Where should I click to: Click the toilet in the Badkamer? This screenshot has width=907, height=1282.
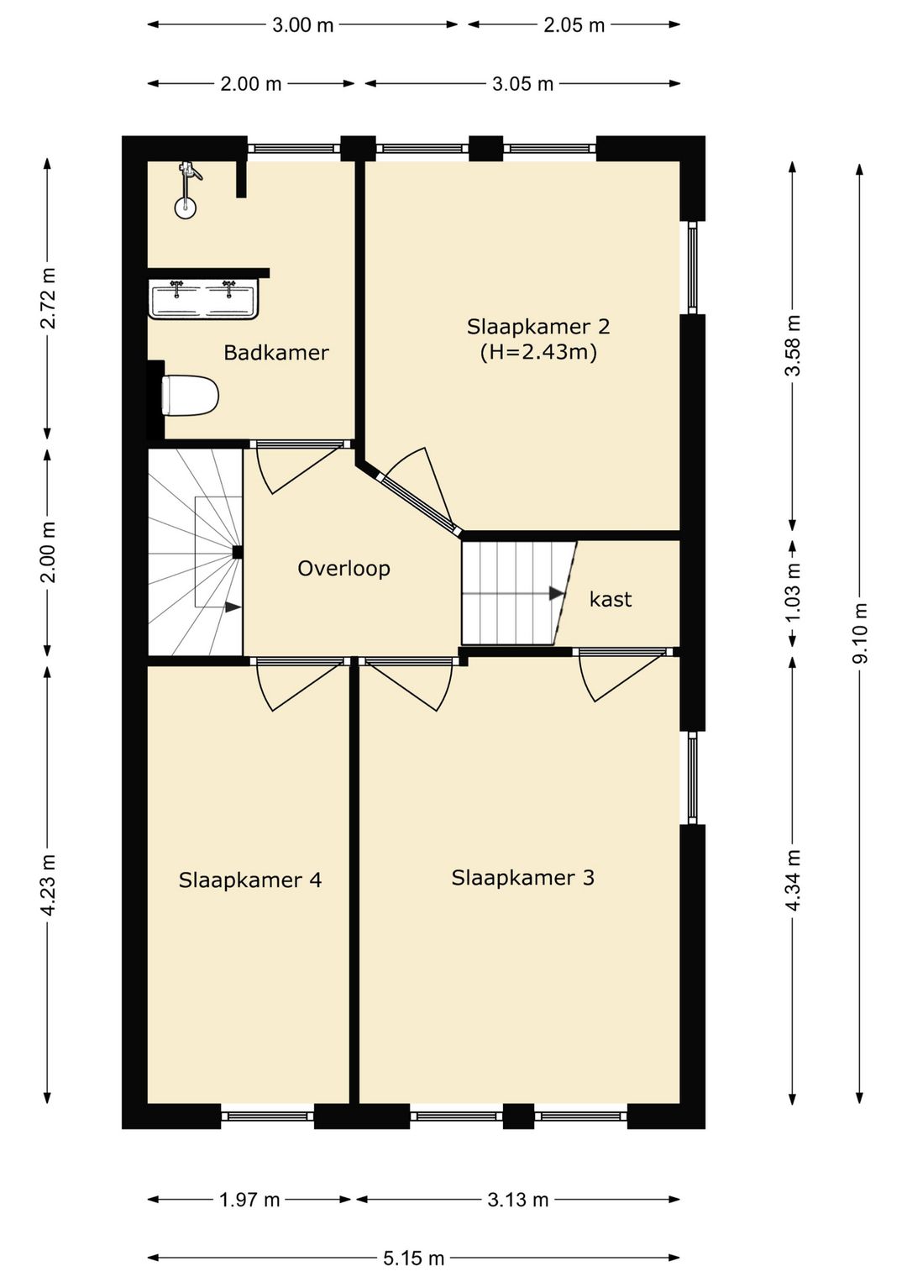coord(191,394)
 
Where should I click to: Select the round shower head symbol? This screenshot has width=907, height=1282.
coord(185,208)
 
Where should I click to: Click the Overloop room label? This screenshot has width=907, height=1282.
coord(344,568)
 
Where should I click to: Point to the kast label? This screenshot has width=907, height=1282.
coord(611,599)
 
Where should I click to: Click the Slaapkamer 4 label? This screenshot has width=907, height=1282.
coord(250,880)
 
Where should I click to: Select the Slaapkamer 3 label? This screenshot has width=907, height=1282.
coord(523,878)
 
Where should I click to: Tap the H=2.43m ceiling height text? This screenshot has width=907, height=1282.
coord(538,352)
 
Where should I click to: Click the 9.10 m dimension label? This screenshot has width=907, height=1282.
coord(860,633)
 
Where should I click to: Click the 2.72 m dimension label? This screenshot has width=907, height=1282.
coord(48,298)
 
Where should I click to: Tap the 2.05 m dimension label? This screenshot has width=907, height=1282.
coord(574,25)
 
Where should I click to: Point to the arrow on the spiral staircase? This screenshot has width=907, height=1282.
coord(233,607)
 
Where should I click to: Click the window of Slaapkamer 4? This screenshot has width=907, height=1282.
coord(268,1116)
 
